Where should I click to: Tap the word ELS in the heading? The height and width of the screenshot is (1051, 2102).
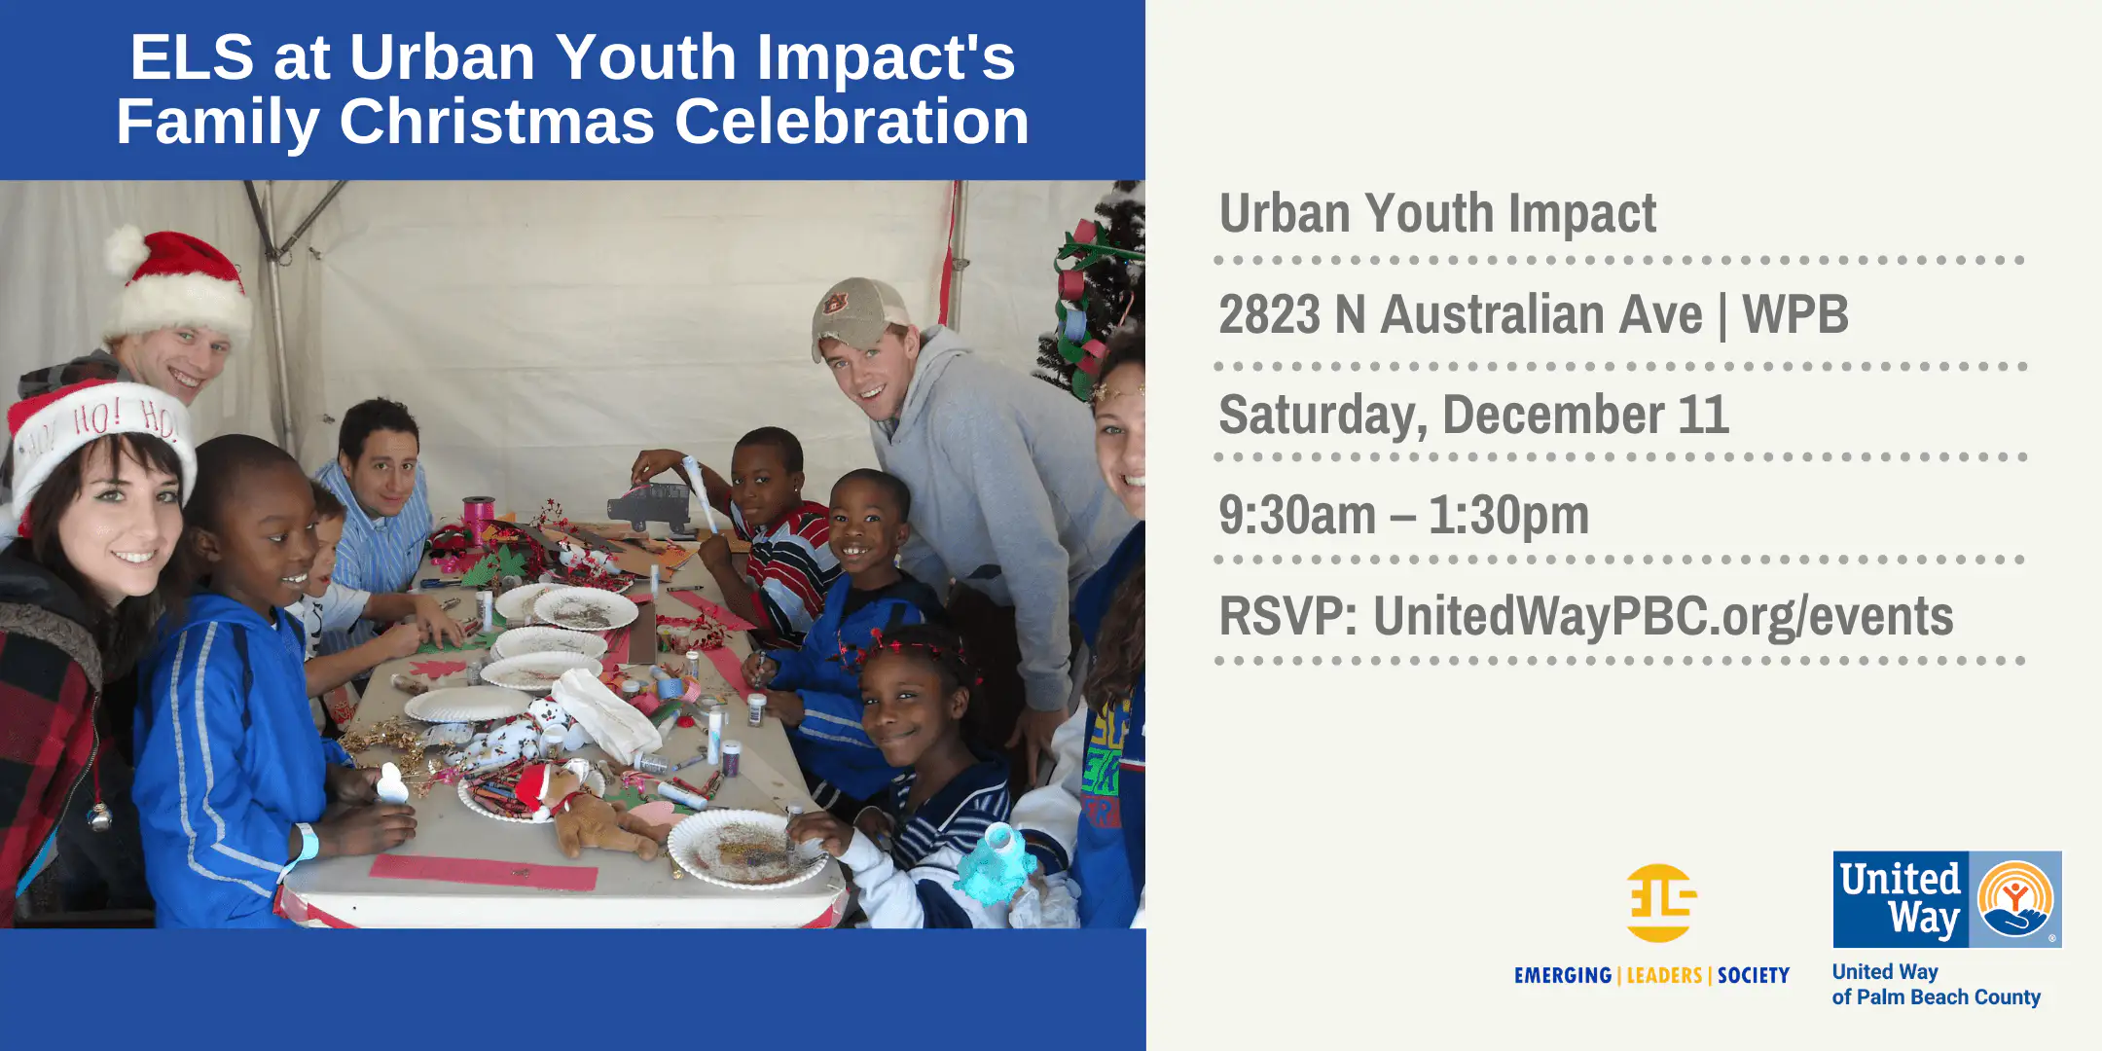(192, 56)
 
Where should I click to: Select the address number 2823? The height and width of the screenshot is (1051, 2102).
(1269, 314)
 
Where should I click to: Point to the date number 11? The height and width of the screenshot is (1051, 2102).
(1703, 415)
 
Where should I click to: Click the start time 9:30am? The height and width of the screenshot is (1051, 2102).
(1297, 515)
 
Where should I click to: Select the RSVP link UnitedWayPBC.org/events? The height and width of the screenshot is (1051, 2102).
(1663, 616)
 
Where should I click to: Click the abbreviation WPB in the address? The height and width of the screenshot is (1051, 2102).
(1795, 314)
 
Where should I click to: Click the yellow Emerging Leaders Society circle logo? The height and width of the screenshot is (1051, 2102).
(1660, 902)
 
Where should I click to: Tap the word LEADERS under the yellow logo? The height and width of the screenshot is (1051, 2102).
(1664, 975)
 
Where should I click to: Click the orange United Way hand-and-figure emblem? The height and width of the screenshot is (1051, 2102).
(2015, 898)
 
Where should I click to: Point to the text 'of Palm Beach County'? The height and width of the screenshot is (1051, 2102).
(1936, 997)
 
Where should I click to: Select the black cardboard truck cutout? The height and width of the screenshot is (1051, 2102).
(649, 506)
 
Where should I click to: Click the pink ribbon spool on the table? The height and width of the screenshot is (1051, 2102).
(478, 513)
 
